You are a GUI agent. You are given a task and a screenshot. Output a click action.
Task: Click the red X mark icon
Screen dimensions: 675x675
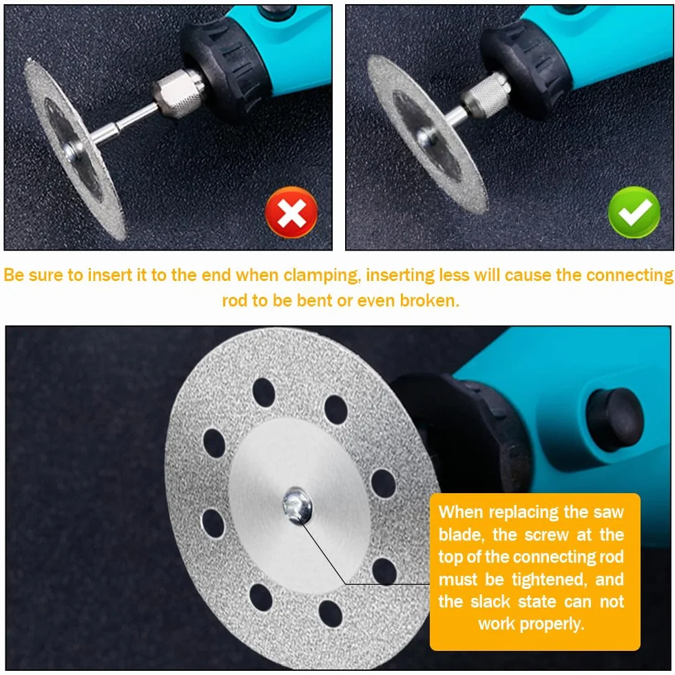[291, 212]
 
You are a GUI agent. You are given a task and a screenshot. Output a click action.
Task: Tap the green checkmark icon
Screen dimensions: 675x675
[634, 212]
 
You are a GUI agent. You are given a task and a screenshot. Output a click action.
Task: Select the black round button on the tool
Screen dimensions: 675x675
[614, 419]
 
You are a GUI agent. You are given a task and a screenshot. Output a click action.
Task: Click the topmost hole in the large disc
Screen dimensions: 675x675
[263, 391]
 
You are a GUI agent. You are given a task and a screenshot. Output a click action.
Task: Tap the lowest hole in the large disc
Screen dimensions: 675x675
[331, 613]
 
